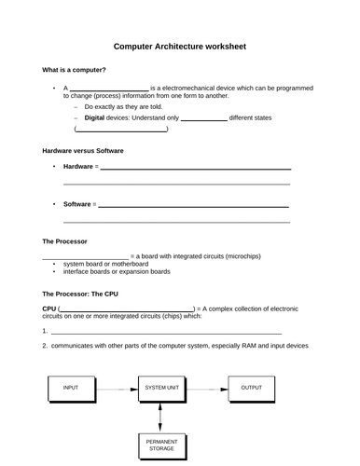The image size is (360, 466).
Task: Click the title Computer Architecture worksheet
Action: pos(180,46)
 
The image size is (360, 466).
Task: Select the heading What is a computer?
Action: pos(75,71)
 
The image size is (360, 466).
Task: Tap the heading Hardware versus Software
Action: pos(83,150)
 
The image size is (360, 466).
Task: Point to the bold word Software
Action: pos(77,203)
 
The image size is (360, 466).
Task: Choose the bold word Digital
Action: pos(94,118)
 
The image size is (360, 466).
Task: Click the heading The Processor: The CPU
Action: pos(80,294)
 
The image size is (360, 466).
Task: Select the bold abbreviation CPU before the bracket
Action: pos(49,308)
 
